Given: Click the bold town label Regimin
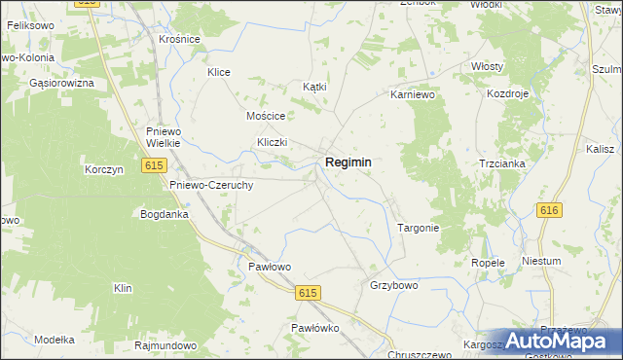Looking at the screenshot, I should point(348,163).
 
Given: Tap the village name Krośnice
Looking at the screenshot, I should point(179,39).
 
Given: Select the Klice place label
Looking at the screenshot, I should point(218,72).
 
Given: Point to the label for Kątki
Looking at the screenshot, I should point(314,87).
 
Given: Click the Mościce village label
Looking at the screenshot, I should point(265,115).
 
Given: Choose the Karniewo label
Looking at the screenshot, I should point(411,95).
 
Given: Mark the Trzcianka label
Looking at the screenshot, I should point(502,163).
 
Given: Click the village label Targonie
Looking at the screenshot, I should point(420,228).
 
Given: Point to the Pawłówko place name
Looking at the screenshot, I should point(314,329).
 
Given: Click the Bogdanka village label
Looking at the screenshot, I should point(165,213).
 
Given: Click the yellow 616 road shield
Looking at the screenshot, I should point(549,210).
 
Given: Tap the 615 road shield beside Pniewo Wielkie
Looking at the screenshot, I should point(154,166).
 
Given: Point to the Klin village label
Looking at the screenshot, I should point(122,289).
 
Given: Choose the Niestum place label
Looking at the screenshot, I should point(568,262).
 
